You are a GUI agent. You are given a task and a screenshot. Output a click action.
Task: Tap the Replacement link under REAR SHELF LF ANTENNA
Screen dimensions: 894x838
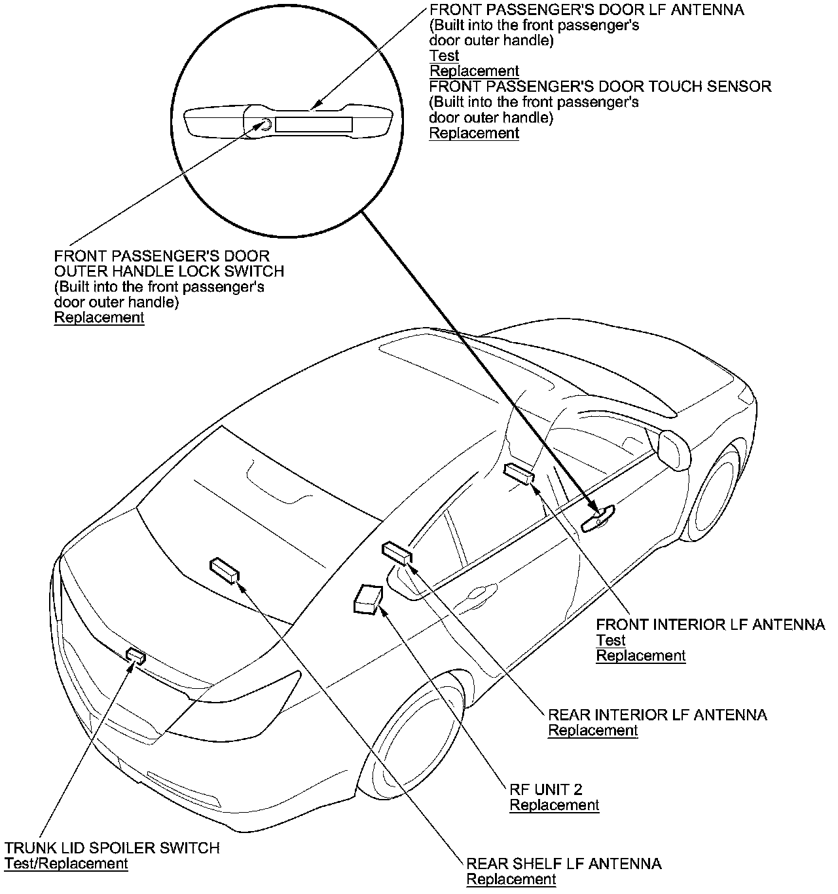511,880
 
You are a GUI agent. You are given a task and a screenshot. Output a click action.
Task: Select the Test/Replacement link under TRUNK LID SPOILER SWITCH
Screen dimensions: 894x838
66,863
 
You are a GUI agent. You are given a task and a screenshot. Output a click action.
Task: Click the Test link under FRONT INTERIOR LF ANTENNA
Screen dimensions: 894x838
610,640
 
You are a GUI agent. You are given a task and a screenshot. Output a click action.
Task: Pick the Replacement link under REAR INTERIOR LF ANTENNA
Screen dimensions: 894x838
592,730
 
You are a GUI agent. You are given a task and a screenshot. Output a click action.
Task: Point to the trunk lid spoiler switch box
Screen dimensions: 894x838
136,654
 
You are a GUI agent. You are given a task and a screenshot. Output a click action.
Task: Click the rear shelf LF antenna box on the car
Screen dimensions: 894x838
225,569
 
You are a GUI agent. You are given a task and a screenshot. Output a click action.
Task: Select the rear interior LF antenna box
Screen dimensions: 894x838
397,552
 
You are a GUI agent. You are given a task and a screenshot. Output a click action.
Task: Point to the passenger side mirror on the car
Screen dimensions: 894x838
674,448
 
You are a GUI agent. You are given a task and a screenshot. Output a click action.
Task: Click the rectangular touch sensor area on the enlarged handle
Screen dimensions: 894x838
314,125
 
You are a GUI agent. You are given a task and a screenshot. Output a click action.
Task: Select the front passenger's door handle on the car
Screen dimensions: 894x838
598,518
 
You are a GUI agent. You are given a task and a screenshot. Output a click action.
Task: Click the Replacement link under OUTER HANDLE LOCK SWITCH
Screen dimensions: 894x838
99,317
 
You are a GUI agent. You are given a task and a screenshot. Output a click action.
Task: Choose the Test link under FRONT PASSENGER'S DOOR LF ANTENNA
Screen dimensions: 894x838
444,56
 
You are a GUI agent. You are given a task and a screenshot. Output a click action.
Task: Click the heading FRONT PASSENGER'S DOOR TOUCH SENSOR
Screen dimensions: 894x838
600,87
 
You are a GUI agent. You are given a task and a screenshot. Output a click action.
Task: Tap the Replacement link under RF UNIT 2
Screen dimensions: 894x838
554,805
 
